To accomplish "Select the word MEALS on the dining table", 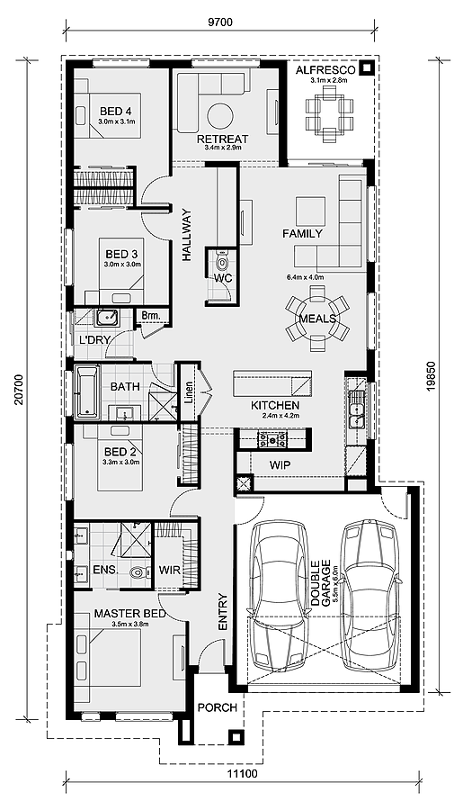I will coord(317,319).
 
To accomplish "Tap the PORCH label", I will coord(217,708).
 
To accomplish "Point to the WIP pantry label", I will coord(280,464).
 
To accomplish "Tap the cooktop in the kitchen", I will coord(272,439).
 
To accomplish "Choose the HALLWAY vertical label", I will coord(187,236).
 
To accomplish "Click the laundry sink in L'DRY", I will coord(108,318).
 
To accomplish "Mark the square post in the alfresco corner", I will coord(366,67).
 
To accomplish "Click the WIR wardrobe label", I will coord(170,571).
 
